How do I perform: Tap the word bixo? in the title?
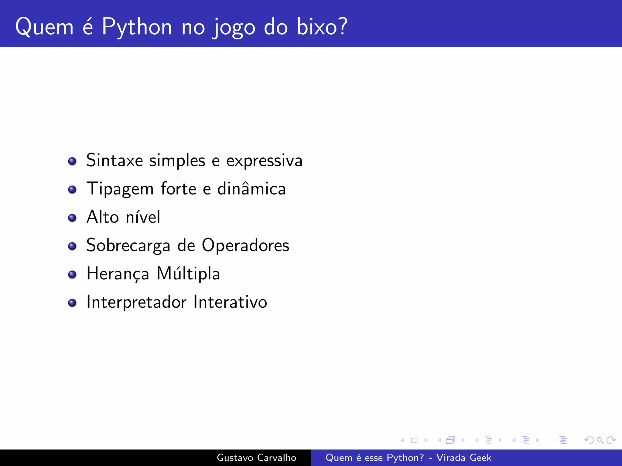pos(322,27)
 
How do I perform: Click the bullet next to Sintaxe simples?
pos(72,161)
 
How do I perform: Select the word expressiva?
pos(264,161)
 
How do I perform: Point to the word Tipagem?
pos(120,189)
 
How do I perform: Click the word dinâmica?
pos(251,189)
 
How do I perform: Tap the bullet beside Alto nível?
pos(72,218)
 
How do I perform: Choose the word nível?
pos(143,217)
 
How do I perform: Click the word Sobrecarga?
pos(128,246)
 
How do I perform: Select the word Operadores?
pos(245,245)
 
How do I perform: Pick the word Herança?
pos(118,274)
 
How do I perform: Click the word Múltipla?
pos(188,274)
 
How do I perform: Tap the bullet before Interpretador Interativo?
pos(72,303)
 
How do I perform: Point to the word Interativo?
pos(230,302)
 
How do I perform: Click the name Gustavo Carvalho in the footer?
pos(256,458)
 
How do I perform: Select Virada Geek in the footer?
pos(463,458)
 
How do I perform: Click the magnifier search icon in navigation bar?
pos(600,440)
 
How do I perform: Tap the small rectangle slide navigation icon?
pos(414,440)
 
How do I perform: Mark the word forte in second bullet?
pos(179,189)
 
